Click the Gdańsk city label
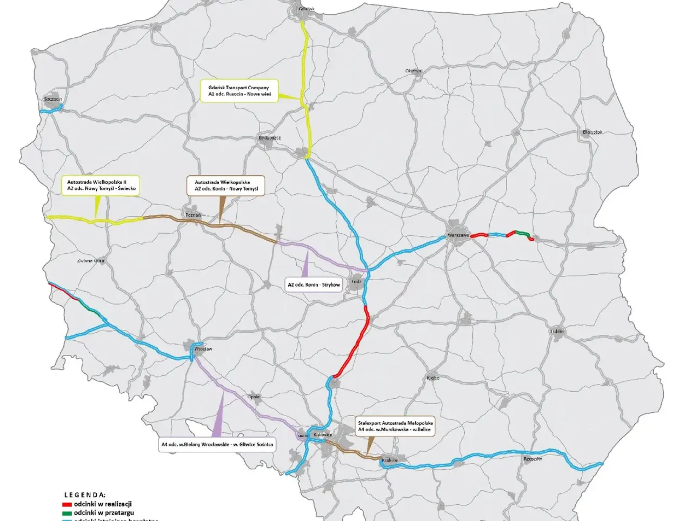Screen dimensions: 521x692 tap(306, 9)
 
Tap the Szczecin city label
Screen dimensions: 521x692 tap(53, 99)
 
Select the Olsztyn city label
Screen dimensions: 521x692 tap(413, 71)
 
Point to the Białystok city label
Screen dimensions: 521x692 tap(593, 132)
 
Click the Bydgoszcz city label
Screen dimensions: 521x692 tap(269, 137)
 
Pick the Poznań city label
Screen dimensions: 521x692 tap(193, 215)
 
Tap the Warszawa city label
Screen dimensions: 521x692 tap(458, 235)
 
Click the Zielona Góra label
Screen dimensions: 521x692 tap(91, 261)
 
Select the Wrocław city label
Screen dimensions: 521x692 tap(203, 349)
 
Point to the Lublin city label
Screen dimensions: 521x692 tap(557, 331)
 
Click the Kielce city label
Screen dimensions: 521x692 tap(433, 378)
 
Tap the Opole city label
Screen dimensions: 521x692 tap(254, 397)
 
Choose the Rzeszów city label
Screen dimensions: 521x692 tap(533, 458)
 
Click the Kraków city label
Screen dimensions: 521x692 tap(389, 460)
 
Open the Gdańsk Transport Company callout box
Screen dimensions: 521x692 tap(238, 91)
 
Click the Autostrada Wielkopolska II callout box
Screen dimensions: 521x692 tap(101, 185)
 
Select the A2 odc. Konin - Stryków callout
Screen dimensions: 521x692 tap(314, 285)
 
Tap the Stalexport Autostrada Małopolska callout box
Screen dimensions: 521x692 tap(395, 426)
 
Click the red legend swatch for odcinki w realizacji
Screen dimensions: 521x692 tap(67, 504)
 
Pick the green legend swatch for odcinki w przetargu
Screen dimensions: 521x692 tap(67, 513)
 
